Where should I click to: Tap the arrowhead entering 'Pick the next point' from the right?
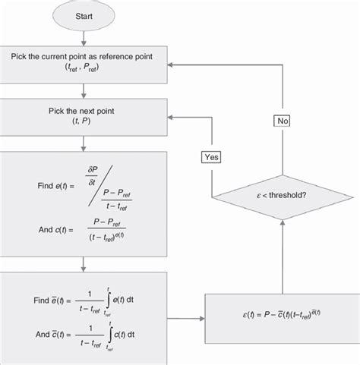point(171,118)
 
